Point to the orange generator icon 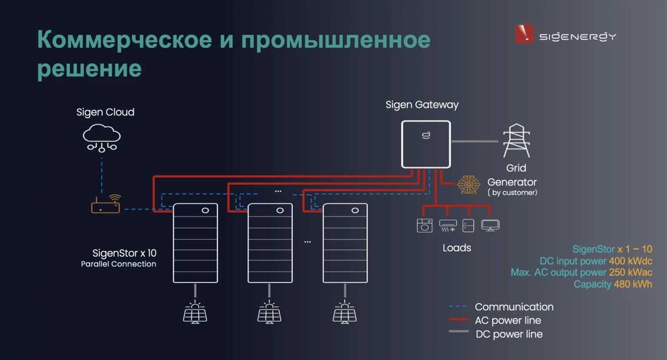(467, 185)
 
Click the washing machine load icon (424, 225)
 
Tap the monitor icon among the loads (491, 225)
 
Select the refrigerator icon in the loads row (469, 225)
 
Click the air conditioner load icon (447, 225)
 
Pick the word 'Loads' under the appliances (456, 248)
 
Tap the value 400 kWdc (625, 261)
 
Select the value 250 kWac (630, 273)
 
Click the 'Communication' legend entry (514, 307)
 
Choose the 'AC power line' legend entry (508, 321)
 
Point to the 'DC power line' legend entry (508, 334)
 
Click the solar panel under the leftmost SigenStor (195, 311)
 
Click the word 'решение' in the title (90, 69)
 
